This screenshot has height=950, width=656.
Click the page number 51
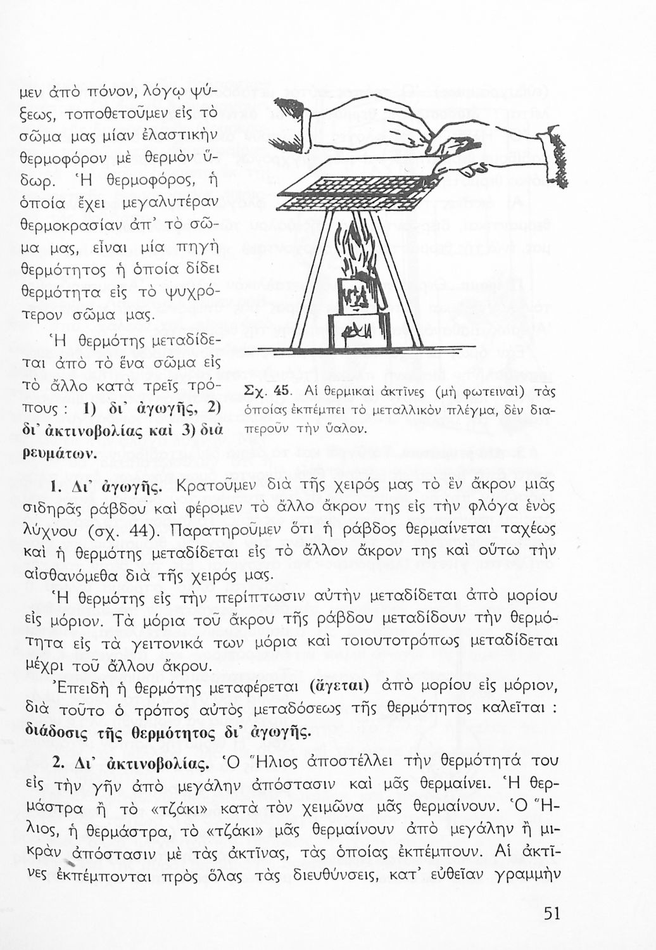pyautogui.click(x=552, y=914)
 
